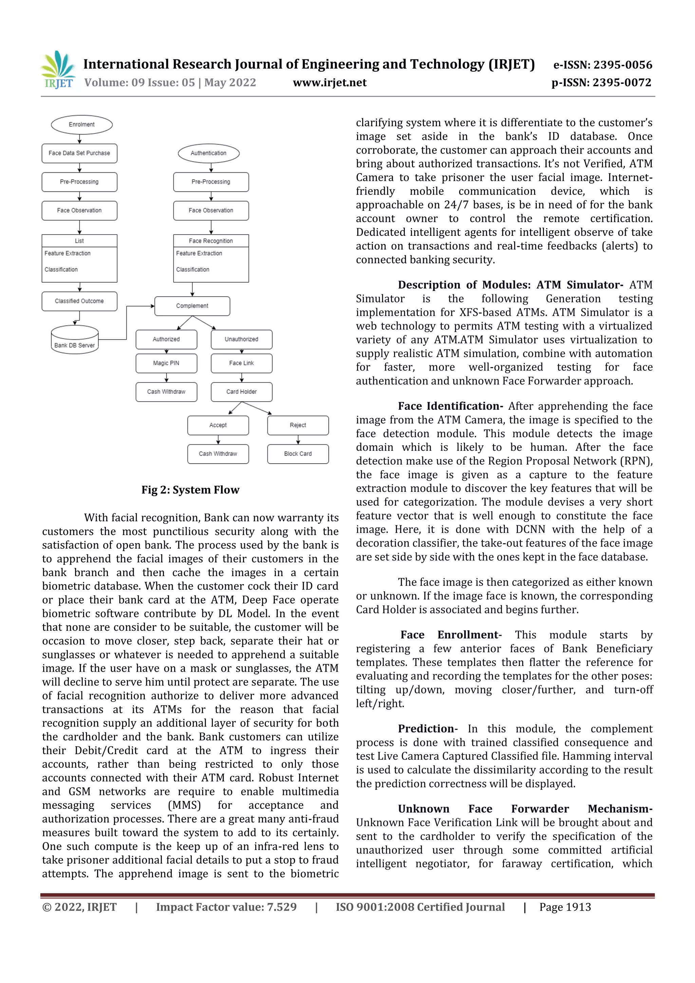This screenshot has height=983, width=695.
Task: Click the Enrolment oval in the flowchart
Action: [82, 125]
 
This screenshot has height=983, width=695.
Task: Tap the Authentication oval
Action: [208, 153]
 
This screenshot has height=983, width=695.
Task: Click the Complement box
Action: [192, 306]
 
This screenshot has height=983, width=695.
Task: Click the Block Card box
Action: [298, 454]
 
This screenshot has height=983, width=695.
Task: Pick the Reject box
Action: [298, 425]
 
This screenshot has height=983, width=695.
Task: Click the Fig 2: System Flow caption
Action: [190, 490]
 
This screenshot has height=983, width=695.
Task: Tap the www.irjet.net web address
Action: [330, 82]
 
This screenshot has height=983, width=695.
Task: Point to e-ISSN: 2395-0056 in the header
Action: [603, 65]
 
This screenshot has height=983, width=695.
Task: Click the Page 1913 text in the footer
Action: [565, 907]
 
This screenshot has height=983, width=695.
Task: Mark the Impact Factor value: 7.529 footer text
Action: [226, 907]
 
